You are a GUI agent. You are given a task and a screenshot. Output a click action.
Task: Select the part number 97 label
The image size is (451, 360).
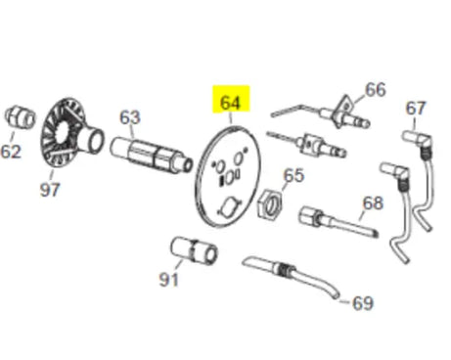49,190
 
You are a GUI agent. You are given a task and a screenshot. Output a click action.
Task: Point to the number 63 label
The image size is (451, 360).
129,117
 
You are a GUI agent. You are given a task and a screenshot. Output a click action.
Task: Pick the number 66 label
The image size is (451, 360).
376,90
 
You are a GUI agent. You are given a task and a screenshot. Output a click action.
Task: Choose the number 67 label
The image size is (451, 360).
417,108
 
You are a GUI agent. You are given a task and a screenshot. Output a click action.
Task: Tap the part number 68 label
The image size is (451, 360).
372,204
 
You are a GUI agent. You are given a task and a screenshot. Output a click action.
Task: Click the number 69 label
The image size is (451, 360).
362,303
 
